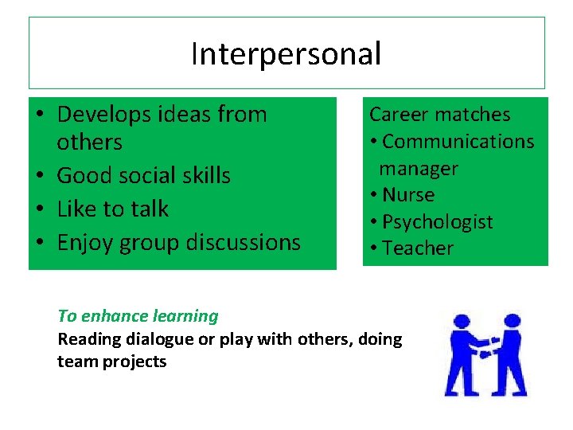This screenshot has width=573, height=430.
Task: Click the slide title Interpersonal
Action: (x=286, y=53)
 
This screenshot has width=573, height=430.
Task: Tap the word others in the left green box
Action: (x=89, y=143)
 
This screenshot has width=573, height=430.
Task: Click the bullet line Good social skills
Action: (x=143, y=175)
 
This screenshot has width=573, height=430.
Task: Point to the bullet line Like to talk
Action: (x=112, y=209)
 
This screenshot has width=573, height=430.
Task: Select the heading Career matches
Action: (x=439, y=114)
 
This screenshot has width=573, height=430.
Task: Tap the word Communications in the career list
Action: (x=458, y=141)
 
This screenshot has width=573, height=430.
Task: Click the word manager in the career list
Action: (x=419, y=168)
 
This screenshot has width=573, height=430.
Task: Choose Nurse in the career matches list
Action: (x=408, y=195)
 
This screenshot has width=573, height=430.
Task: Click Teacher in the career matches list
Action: (x=418, y=248)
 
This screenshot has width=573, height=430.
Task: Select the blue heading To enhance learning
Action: (x=138, y=315)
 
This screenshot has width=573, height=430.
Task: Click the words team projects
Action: (x=111, y=362)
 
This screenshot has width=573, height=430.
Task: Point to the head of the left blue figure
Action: (x=461, y=322)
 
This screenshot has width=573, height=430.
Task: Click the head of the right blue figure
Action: (x=510, y=322)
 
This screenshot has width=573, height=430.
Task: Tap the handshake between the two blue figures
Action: (x=485, y=345)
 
